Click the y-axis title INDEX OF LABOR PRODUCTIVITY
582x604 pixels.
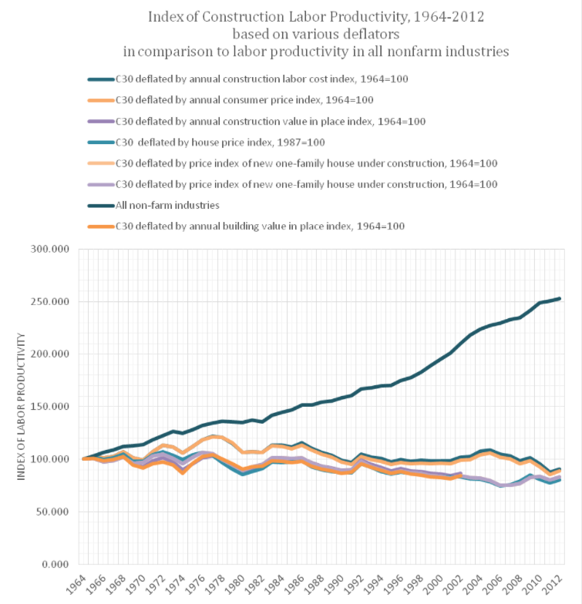(22, 406)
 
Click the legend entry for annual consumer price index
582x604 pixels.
(244, 100)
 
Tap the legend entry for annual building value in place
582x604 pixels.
(260, 226)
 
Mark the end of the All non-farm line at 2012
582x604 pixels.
(560, 298)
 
